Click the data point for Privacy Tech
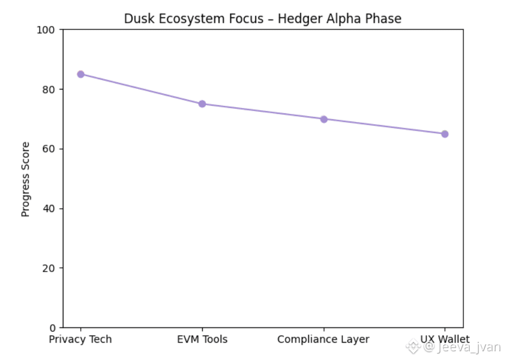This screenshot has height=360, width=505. tap(81, 74)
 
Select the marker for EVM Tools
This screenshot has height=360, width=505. tap(202, 104)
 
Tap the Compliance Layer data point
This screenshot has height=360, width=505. tap(323, 119)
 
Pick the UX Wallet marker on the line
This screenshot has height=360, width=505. tap(445, 134)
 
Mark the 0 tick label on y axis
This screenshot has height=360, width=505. tap(53, 327)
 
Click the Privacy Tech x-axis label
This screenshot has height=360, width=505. tap(80, 340)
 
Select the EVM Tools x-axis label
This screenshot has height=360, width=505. tap(202, 340)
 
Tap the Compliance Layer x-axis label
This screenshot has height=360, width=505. tap(323, 340)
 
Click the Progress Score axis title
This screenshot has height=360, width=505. tap(26, 179)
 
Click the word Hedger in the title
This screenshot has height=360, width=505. tap(297, 19)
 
